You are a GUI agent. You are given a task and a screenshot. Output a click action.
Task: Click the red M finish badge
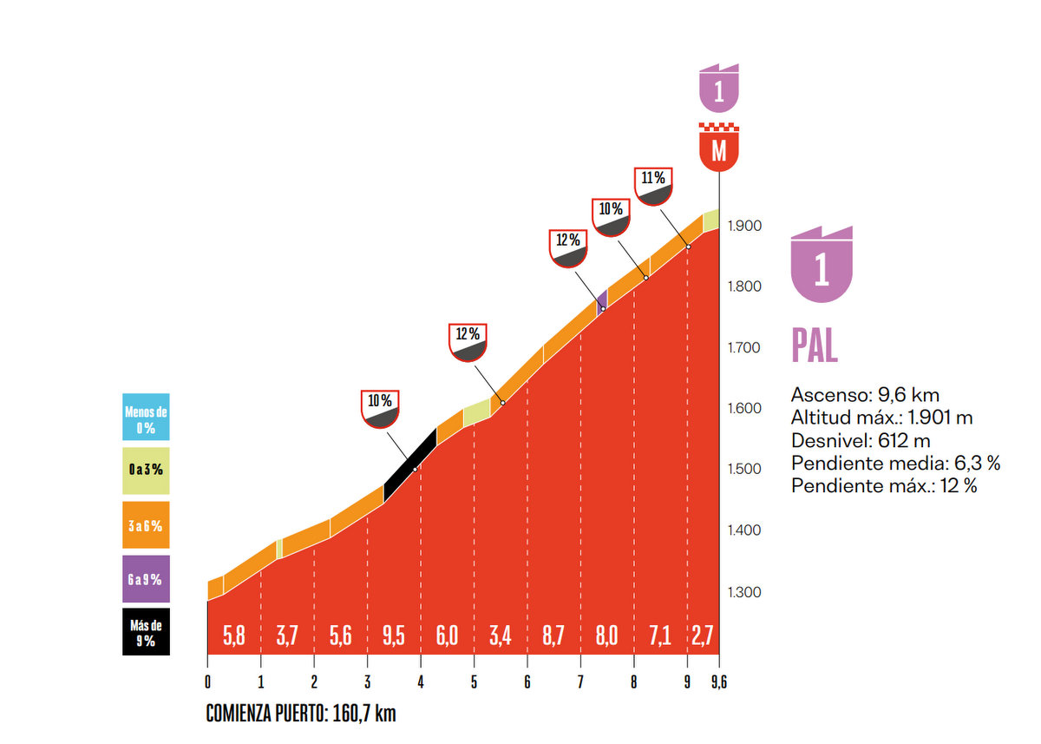[718, 148]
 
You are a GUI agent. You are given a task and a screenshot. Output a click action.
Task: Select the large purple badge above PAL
[822, 265]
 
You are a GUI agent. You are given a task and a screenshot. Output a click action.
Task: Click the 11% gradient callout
[653, 185]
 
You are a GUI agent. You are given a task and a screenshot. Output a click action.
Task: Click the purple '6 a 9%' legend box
[146, 579]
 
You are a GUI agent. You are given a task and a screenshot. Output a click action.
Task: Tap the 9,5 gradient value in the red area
[393, 635]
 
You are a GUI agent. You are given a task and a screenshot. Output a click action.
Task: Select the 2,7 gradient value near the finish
[702, 635]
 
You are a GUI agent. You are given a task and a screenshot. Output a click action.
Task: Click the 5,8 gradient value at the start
[234, 635]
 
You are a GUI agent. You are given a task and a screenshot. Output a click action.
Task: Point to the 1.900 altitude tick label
[745, 226]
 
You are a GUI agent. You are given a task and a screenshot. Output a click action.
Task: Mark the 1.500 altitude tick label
[745, 470]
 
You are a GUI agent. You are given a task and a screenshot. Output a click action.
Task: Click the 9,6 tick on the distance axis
[719, 682]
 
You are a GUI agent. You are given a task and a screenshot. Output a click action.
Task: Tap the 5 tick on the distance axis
[474, 682]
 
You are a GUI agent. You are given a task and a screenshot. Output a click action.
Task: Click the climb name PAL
[815, 346]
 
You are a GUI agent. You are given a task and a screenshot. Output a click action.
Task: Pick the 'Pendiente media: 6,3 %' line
[895, 463]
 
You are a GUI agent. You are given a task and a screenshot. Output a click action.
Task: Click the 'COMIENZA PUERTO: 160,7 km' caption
[301, 714]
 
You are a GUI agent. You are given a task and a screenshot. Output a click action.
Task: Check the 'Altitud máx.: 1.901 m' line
[881, 418]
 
